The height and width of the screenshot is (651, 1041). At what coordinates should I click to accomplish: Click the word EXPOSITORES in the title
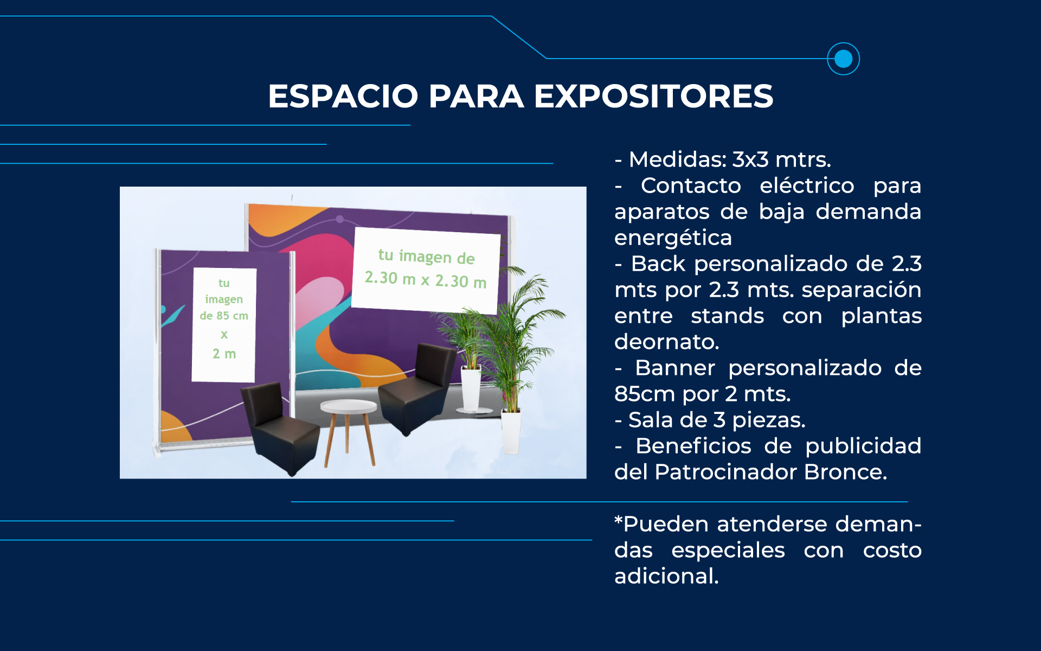tap(653, 96)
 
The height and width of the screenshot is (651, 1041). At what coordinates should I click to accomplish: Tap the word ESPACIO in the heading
tap(343, 96)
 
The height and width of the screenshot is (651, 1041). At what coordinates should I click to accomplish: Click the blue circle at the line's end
tap(843, 59)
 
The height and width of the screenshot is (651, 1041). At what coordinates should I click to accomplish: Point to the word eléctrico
tap(807, 186)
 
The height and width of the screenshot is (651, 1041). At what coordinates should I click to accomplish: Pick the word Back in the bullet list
tap(658, 264)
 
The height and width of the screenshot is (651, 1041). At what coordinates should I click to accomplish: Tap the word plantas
tap(881, 316)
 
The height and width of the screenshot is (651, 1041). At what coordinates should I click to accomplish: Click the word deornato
tap(666, 342)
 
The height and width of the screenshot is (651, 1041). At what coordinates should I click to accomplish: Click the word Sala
tap(651, 420)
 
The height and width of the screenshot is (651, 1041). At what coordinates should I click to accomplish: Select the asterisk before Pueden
tap(619, 520)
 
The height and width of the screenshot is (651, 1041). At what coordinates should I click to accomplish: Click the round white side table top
tap(349, 406)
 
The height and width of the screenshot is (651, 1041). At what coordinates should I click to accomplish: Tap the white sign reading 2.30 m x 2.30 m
tap(426, 270)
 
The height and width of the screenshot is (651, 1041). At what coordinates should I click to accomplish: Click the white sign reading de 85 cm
tap(224, 325)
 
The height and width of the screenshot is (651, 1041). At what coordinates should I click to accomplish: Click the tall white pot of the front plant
tap(511, 431)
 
